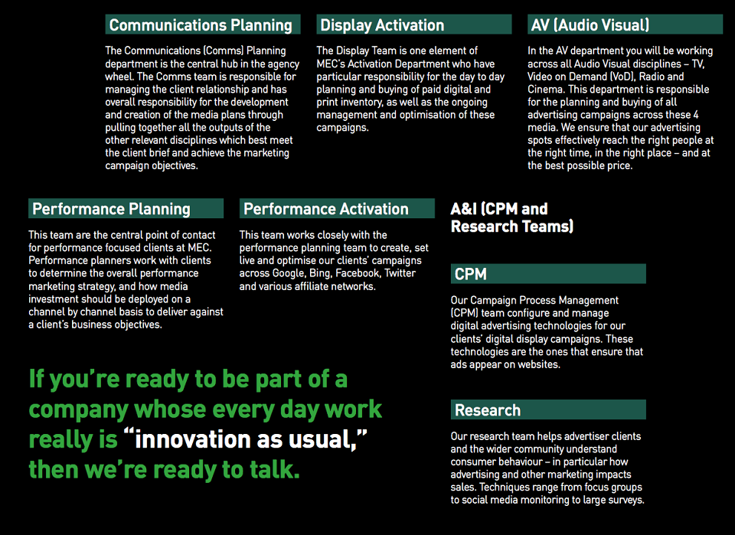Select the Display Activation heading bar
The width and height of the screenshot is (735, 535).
(x=414, y=24)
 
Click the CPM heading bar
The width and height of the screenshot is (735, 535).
(x=548, y=273)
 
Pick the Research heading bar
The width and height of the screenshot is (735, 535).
(x=548, y=410)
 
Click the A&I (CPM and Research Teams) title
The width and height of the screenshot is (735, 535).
(x=512, y=217)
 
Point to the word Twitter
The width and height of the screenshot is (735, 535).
(x=400, y=273)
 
